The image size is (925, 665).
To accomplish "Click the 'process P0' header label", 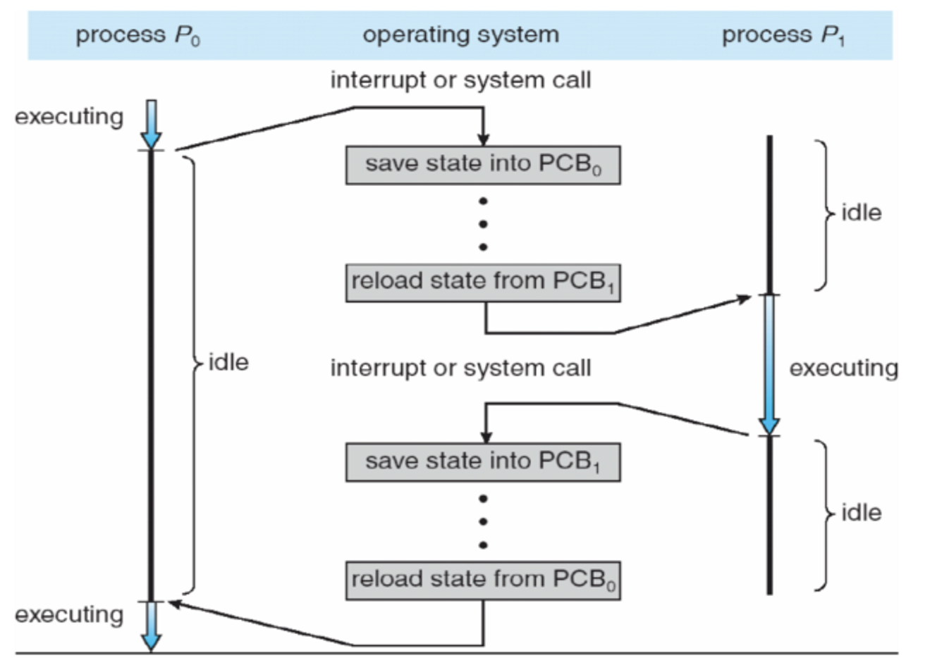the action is (138, 35).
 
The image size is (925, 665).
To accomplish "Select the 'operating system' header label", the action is (461, 35).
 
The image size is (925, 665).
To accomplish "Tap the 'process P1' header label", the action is (784, 35).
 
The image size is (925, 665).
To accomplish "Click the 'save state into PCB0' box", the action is (483, 165).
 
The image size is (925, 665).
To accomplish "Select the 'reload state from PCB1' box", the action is (483, 283).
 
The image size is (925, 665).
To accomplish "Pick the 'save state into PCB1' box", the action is (483, 462).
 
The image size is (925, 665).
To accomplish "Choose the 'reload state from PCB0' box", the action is (483, 580).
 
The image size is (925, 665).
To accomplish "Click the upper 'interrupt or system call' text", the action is (461, 80).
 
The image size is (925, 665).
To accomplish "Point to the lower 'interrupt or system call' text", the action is (461, 368).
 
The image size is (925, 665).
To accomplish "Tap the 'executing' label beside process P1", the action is (844, 369).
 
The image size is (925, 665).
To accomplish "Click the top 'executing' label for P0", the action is (69, 117).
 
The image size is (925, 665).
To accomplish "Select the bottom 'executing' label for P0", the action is (69, 615).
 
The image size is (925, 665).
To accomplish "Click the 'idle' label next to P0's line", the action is (228, 363).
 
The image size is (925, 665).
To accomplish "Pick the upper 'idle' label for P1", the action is (862, 213).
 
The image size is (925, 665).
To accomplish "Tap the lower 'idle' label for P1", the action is (862, 513).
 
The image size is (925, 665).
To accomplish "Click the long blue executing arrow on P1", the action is (769, 365).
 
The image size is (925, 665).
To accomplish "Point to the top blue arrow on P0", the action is (151, 124).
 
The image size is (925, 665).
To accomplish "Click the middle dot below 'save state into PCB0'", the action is (483, 225).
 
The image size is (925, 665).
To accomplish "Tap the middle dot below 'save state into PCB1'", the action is (483, 522).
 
